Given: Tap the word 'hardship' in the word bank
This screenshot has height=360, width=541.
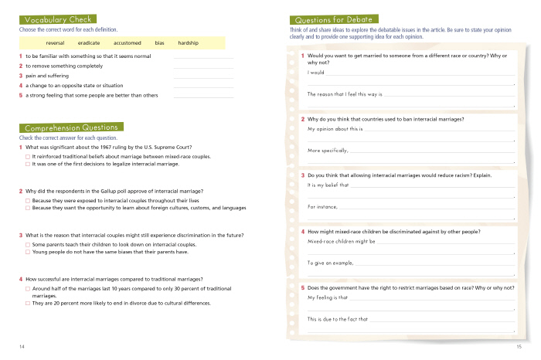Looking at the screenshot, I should pos(188,42).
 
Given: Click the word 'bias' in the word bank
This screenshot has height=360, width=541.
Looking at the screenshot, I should pos(159,42).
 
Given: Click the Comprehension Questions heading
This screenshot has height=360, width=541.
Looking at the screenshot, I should pos(71,127).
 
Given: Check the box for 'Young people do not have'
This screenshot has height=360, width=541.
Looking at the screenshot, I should pos(28,252).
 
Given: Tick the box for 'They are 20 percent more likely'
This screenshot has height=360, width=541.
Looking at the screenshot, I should pos(28,303).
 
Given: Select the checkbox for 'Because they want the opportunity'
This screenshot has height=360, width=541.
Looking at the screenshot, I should pos(28,208).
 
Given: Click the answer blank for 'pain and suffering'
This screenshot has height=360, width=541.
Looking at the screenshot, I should pos(203,76).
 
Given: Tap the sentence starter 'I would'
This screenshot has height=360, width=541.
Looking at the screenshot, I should pos(315,73).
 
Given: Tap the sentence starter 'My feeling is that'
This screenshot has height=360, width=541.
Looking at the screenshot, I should pos(328,297).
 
